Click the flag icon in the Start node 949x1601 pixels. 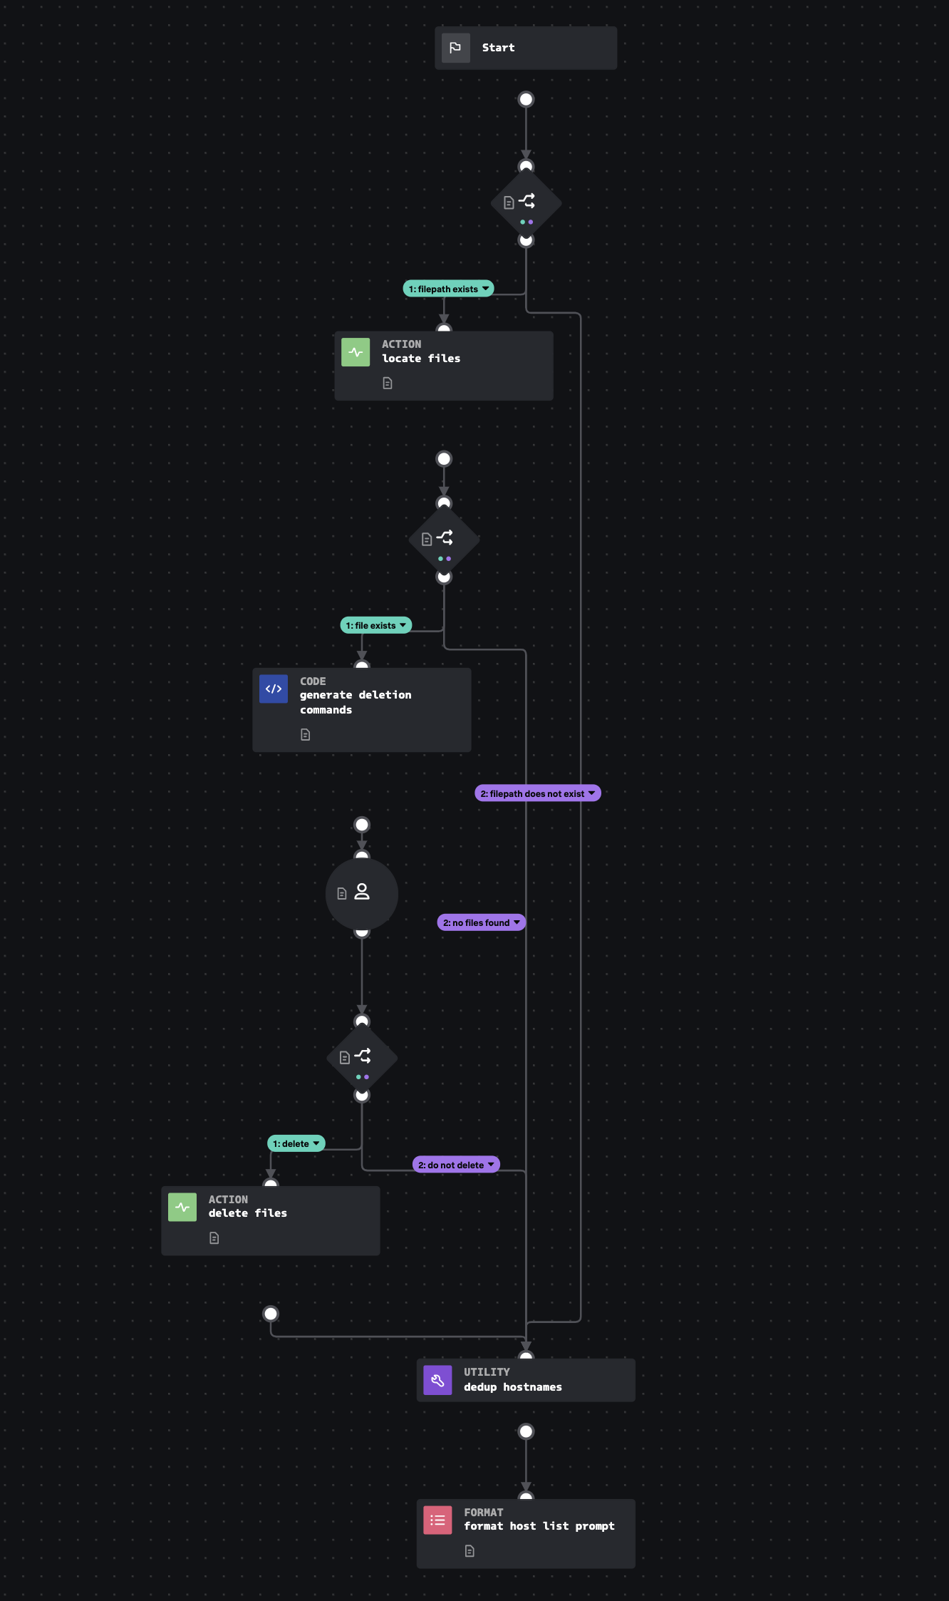[x=455, y=48]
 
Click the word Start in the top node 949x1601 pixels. [x=498, y=48]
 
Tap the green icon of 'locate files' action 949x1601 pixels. [x=356, y=352]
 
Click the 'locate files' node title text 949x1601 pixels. [x=421, y=359]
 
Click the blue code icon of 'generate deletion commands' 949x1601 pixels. [x=274, y=689]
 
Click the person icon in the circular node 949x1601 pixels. [x=362, y=892]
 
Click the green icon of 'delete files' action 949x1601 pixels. [x=182, y=1207]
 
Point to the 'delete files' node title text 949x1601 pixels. [x=248, y=1213]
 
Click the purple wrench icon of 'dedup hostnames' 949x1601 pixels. [x=437, y=1380]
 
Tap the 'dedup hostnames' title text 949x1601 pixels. [x=513, y=1387]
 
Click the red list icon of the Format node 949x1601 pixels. [x=437, y=1520]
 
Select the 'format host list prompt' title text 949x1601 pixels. [x=539, y=1526]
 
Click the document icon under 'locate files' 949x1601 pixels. [x=388, y=383]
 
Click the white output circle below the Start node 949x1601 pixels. [x=526, y=99]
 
